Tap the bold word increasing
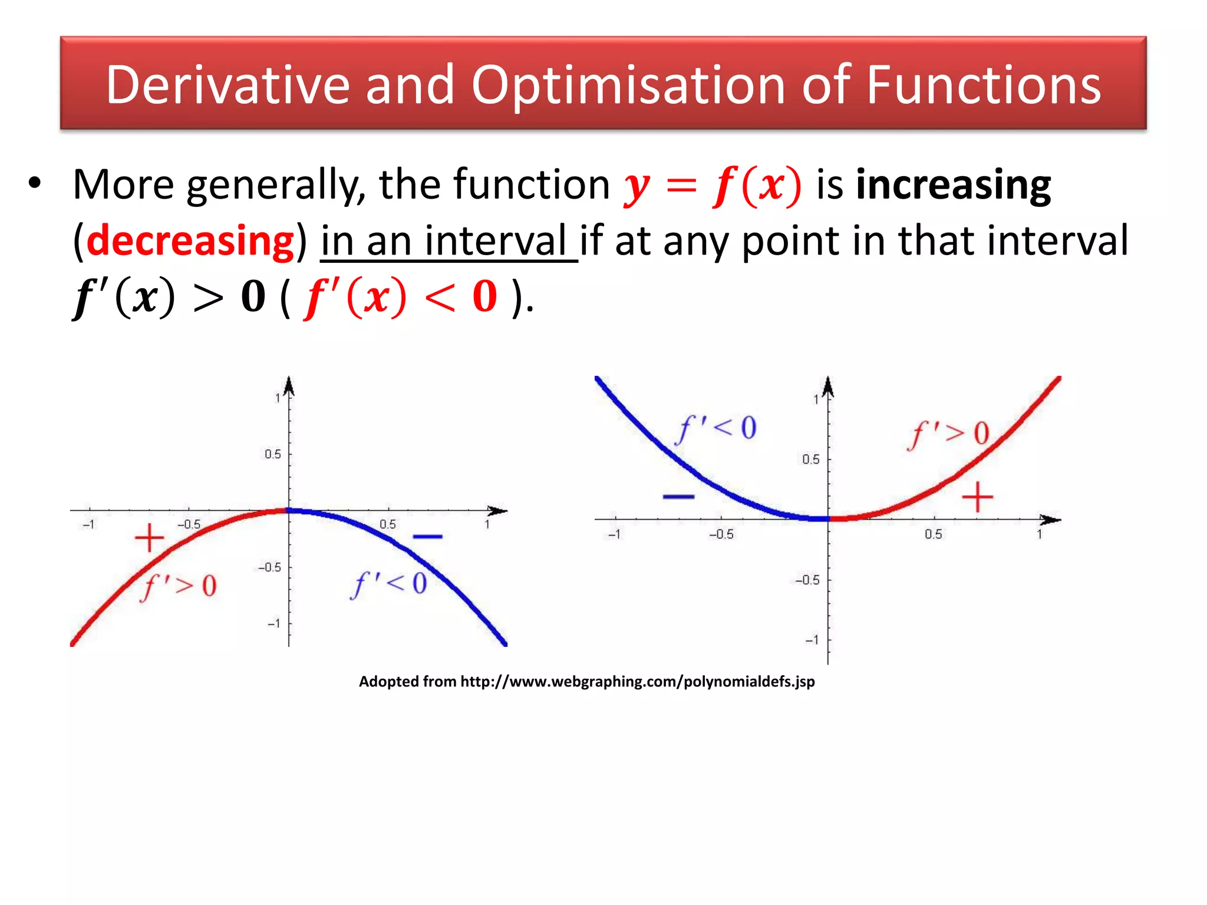click(953, 185)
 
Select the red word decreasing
click(190, 241)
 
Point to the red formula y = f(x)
click(712, 185)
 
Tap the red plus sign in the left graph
click(150, 537)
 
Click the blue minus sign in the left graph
click(427, 536)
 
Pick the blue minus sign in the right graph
click(678, 497)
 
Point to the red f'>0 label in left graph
click(179, 586)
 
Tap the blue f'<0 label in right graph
click(717, 428)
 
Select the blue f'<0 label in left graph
click(389, 584)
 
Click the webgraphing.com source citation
click(586, 682)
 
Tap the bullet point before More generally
click(35, 184)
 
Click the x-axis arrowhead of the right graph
click(1051, 520)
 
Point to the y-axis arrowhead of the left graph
click(289, 386)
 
